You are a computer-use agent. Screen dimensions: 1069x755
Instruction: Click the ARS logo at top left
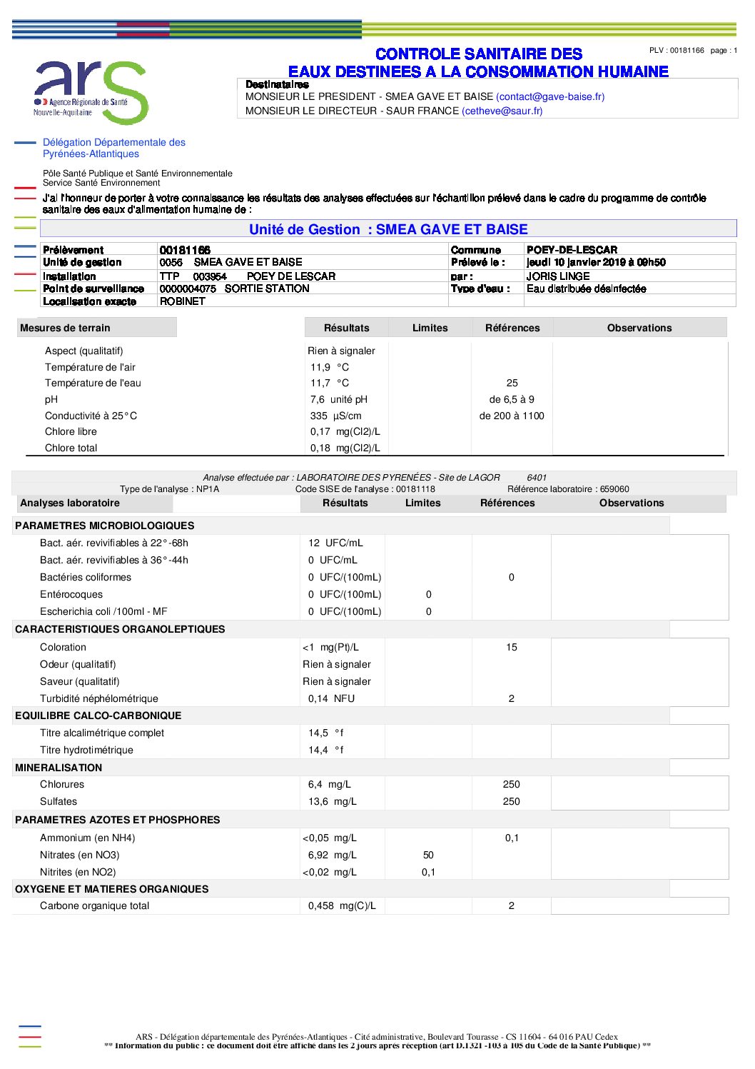coord(91,91)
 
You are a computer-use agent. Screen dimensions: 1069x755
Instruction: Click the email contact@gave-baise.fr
coord(550,96)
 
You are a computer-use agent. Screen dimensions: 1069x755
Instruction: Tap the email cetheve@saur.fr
coord(502,111)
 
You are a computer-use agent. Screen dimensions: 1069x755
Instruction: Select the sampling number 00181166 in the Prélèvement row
coord(185,250)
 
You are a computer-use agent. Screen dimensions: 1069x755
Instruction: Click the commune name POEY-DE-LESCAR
coord(572,250)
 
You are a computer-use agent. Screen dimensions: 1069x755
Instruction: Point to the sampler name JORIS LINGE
coord(558,276)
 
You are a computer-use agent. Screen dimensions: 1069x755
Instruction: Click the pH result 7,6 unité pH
coord(339,399)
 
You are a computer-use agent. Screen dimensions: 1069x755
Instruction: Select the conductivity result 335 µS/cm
coord(335,416)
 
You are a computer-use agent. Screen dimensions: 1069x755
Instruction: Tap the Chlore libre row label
coord(71,431)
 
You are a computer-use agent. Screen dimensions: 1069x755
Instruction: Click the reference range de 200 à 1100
coord(512,416)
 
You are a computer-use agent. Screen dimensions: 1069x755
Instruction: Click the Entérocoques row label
coord(71,594)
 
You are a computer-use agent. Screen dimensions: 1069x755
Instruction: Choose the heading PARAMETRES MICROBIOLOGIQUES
coord(104,526)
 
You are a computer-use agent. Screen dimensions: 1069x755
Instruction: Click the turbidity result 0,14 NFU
coord(331,698)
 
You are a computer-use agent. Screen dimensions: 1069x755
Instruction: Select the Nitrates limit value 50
coord(428,855)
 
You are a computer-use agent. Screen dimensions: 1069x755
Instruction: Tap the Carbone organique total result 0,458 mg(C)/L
coord(342,905)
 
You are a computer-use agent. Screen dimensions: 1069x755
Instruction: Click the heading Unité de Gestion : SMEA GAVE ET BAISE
coord(388,229)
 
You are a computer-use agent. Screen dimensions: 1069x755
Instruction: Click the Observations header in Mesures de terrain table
coord(639,328)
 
